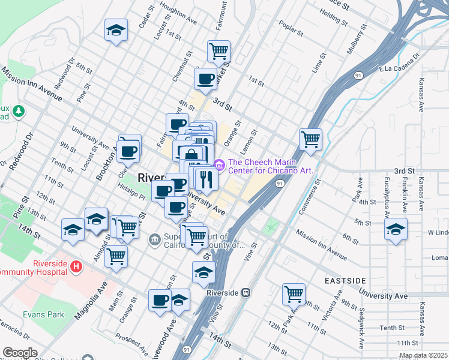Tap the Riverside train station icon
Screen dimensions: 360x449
point(246,293)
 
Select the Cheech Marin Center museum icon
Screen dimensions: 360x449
point(219,163)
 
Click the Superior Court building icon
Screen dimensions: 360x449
point(155,240)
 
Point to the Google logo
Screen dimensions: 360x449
point(20,353)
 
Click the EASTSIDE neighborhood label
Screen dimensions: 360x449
point(345,281)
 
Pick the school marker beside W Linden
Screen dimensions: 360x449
point(396,230)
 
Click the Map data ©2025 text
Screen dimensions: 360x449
point(424,355)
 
